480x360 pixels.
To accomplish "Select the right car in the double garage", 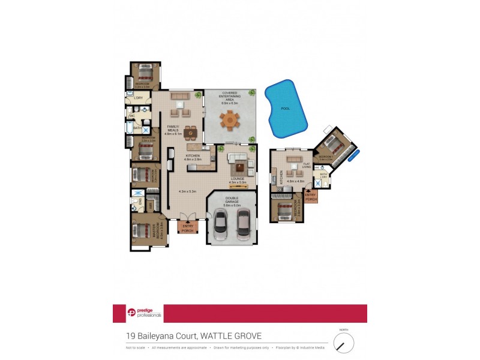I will click(x=244, y=224).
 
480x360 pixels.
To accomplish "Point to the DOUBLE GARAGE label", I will click(x=231, y=202).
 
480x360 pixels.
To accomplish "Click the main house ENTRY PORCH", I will click(x=187, y=227).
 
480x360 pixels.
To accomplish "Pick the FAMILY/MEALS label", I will click(x=172, y=131).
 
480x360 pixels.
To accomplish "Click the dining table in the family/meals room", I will click(x=191, y=132).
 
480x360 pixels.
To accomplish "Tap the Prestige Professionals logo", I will click(x=137, y=313).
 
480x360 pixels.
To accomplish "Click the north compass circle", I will click(x=344, y=343).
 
